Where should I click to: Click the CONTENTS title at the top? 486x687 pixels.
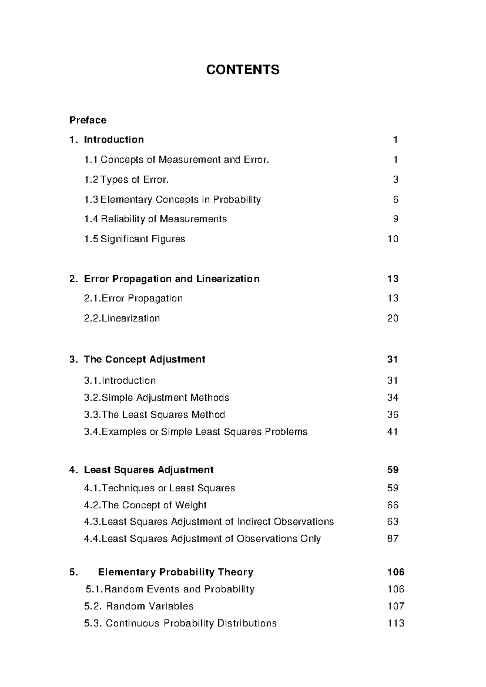tap(243, 70)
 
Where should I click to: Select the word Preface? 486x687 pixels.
tap(88, 120)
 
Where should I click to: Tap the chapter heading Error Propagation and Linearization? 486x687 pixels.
tap(171, 279)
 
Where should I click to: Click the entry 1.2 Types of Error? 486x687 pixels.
tap(126, 179)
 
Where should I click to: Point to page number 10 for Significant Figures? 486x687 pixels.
tap(393, 239)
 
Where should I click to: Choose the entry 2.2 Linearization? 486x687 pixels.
tap(122, 318)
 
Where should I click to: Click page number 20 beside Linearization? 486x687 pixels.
tap(393, 318)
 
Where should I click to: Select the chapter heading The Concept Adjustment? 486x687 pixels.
tap(144, 359)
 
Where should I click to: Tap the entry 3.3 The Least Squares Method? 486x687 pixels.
tap(154, 415)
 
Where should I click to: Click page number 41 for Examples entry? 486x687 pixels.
tap(392, 432)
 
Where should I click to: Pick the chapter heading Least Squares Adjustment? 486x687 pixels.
tap(148, 470)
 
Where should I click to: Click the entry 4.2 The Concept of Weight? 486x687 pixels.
tap(145, 505)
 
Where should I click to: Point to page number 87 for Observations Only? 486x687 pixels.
tap(393, 539)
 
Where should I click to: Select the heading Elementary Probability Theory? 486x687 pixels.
tap(175, 572)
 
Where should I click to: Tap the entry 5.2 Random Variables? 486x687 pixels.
tap(139, 606)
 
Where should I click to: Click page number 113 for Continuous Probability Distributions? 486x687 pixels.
tap(396, 623)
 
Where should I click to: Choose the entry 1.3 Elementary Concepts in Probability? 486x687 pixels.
tap(173, 199)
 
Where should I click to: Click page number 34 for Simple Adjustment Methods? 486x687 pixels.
tap(393, 398)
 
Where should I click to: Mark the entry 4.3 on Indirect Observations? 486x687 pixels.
tap(209, 522)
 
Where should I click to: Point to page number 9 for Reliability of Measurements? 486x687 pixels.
tap(396, 219)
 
